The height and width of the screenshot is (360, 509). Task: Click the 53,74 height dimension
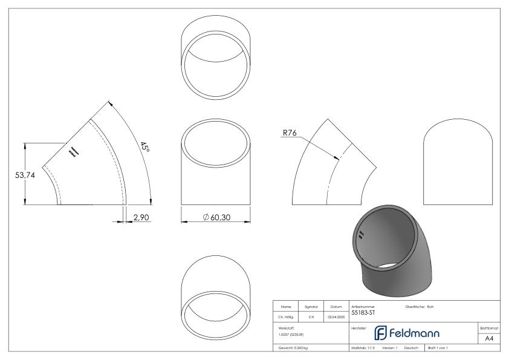[x=15, y=175]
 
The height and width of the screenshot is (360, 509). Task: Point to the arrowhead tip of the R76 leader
[x=337, y=160]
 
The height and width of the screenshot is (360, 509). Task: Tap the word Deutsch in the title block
[x=410, y=349]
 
